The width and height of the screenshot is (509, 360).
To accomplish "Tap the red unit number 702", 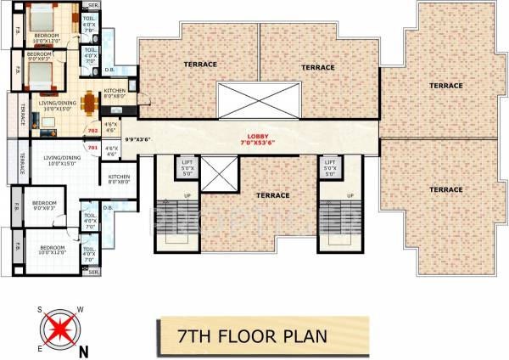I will [x=93, y=130].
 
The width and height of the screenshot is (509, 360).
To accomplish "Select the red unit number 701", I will [x=93, y=148].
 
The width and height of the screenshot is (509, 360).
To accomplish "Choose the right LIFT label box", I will [x=330, y=166].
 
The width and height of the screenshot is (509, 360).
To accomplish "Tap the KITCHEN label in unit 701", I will [x=120, y=178].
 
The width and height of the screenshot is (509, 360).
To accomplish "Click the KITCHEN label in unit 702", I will [x=115, y=93].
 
